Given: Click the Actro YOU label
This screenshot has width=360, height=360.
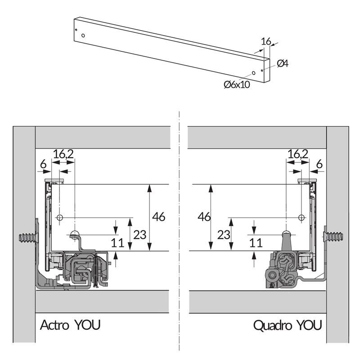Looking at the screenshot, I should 70,325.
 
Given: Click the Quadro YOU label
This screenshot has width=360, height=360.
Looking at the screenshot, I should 288,325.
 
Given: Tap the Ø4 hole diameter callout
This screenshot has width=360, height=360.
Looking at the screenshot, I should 283,63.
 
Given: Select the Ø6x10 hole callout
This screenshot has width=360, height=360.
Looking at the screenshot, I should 237,84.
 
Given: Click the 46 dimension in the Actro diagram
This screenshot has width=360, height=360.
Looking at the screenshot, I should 158,217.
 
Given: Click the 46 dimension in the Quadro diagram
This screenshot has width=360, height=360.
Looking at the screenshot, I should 204,217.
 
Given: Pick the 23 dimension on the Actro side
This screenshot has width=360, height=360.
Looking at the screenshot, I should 140,234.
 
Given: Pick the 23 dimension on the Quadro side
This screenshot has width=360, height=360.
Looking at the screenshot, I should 224,234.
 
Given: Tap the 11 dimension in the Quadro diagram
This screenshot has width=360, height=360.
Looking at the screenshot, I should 256,243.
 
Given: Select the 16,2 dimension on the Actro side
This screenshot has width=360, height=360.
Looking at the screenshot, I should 63,154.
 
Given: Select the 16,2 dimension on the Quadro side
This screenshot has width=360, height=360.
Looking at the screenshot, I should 297,154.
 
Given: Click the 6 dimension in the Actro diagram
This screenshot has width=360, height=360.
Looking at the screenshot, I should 43,165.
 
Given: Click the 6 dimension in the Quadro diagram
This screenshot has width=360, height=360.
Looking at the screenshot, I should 319,165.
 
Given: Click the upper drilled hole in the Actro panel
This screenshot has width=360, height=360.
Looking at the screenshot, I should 59,218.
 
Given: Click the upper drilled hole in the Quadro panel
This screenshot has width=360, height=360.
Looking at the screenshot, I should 301,218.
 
